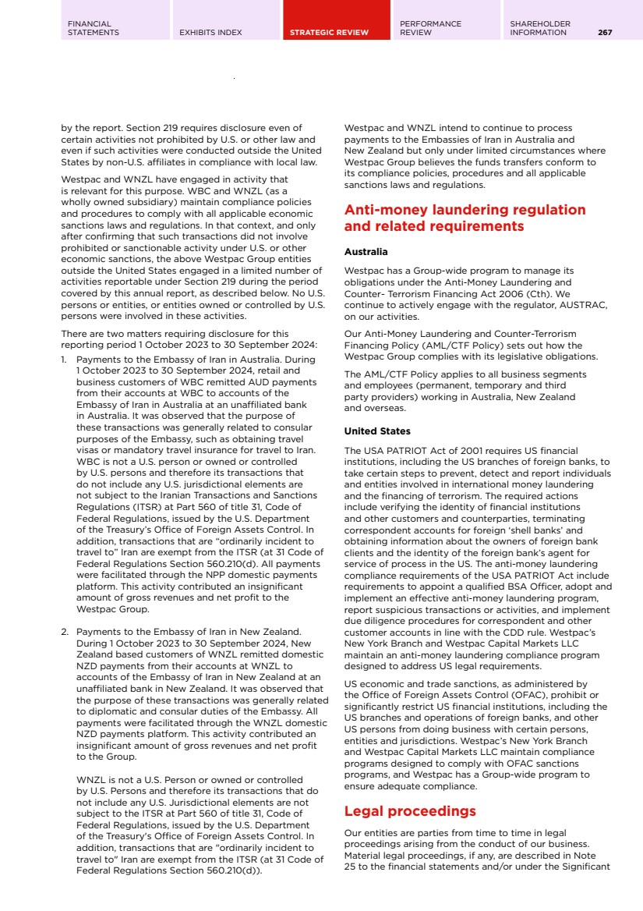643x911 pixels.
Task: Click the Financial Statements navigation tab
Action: (94, 28)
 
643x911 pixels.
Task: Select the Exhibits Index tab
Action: (210, 33)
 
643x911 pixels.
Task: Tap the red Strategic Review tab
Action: (329, 33)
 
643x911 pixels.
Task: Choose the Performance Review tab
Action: (430, 28)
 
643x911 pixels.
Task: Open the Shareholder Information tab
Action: (540, 28)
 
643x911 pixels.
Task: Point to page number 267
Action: (605, 33)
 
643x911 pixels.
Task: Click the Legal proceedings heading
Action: (410, 811)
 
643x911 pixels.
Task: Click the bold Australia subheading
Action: (366, 252)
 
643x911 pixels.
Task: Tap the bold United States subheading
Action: (377, 431)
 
